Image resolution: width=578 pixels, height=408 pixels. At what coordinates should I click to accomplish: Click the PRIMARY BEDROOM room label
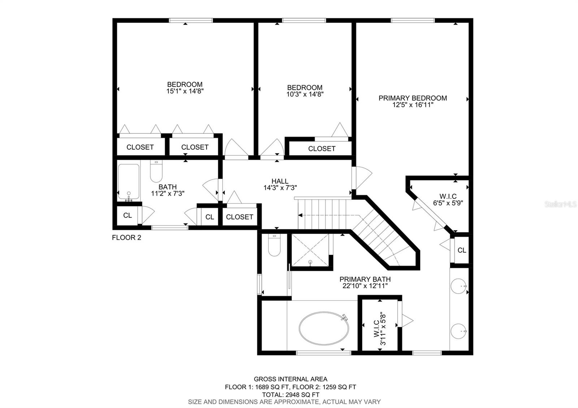point(413,98)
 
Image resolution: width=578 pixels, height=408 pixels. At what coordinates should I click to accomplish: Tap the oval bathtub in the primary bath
point(324,328)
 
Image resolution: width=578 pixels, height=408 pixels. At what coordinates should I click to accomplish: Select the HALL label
point(280,181)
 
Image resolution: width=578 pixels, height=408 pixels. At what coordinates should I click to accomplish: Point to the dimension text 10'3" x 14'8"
point(305,94)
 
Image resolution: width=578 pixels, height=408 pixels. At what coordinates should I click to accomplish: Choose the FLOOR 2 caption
point(126,238)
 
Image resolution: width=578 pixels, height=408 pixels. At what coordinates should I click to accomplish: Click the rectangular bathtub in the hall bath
point(129,182)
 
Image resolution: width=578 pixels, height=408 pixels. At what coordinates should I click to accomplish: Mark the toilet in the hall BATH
point(156,171)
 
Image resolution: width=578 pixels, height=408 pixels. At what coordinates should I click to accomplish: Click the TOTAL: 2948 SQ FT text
point(290,395)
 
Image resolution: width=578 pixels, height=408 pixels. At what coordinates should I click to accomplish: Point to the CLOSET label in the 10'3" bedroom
point(322,148)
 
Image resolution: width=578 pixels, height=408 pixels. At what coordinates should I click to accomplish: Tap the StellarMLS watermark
point(560,204)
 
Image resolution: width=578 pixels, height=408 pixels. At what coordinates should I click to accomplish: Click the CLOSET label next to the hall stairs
point(240,217)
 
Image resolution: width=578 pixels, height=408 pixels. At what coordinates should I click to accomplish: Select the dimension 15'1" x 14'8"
point(185,91)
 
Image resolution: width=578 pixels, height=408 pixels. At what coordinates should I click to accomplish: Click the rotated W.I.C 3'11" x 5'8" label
point(379,329)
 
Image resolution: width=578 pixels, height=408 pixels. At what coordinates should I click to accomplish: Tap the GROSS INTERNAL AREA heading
point(290,379)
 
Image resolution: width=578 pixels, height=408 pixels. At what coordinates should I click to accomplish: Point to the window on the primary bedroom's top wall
point(413,20)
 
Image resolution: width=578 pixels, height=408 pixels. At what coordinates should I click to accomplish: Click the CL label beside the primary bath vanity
point(462,250)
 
